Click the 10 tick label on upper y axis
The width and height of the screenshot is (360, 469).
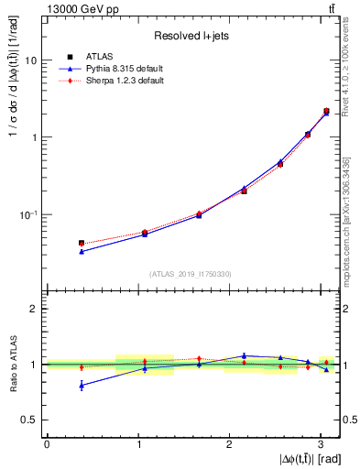click(x=28, y=60)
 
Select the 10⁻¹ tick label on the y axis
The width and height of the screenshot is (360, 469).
click(x=27, y=215)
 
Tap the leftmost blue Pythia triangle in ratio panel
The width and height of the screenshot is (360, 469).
click(x=82, y=386)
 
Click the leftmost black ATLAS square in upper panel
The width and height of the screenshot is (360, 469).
click(x=82, y=243)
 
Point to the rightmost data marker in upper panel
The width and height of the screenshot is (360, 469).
click(x=326, y=112)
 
